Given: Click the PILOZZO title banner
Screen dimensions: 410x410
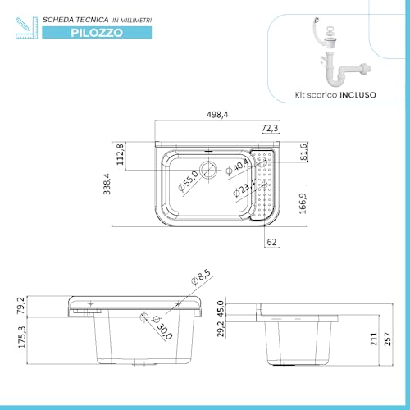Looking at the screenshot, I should tap(97, 33).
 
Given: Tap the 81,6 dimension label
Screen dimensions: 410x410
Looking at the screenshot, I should tap(303, 152).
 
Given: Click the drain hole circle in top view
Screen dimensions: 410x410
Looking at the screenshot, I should tap(211, 171).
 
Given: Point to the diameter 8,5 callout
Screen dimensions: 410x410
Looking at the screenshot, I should tap(201, 280).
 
